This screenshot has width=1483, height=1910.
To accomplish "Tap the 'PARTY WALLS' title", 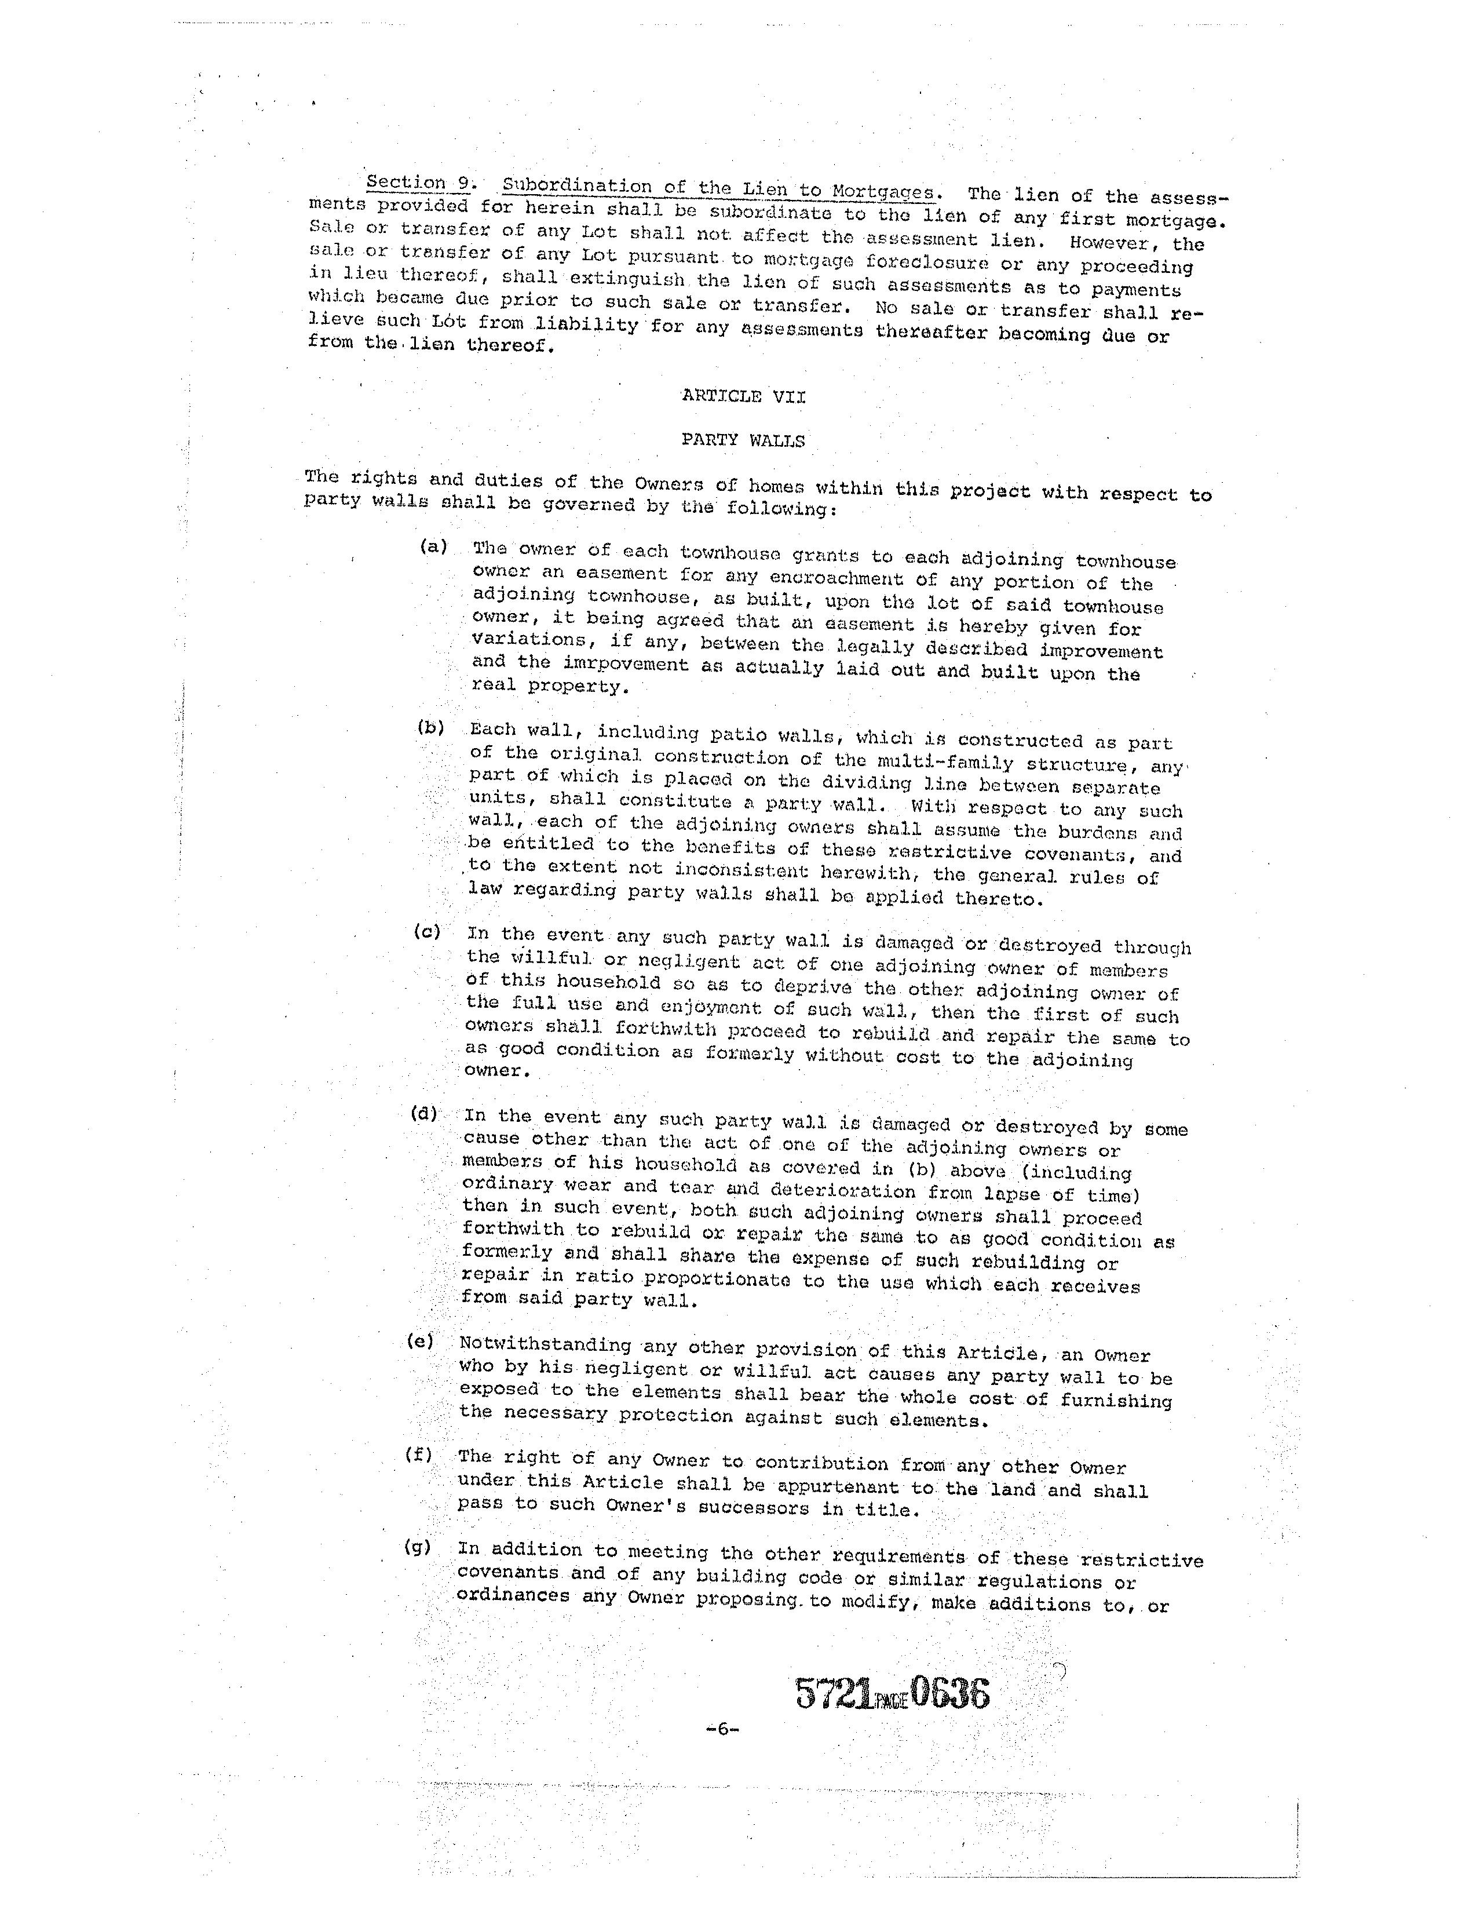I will click(743, 440).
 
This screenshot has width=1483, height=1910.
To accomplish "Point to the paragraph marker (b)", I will click(431, 727).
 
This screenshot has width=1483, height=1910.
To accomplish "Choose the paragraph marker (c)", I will click(428, 931).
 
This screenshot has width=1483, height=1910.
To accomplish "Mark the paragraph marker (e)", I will click(421, 1341).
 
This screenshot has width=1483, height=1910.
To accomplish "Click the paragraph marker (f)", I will click(419, 1455).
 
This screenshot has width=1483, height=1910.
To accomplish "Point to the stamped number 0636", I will click(951, 1693).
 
